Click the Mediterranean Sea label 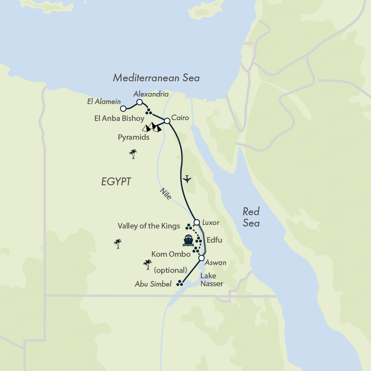pos(156,78)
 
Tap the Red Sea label pos(251,217)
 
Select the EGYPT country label pos(116,182)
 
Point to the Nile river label pos(166,194)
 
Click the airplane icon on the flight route pos(187,179)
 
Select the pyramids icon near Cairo pos(152,127)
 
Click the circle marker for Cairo pos(167,121)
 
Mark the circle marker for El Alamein pos(123,108)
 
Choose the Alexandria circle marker pos(139,102)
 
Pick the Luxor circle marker pos(197,223)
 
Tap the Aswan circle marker pos(201,258)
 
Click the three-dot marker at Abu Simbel pos(180,283)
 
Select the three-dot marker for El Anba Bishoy pos(148,112)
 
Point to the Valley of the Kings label pos(149,226)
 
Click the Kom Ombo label pos(171,254)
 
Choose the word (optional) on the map pos(170,270)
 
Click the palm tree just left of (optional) pos(148,265)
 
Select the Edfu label pos(214,240)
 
